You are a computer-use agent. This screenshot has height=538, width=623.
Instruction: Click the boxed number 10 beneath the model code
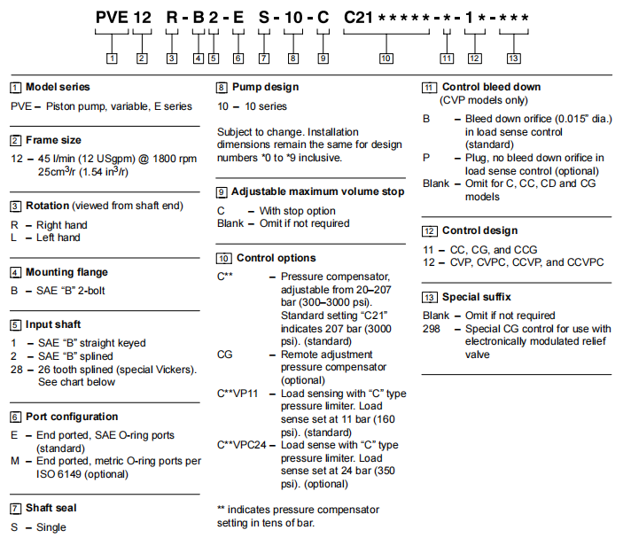coord(385,58)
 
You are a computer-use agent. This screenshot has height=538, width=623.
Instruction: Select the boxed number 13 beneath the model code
coord(514,58)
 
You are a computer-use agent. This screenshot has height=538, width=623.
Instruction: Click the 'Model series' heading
coord(58,88)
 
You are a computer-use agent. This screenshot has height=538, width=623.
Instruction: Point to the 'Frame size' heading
coord(53,140)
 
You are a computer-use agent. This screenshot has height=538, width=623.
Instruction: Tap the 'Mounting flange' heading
coord(66,272)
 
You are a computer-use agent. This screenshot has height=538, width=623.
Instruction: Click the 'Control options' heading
coord(274,258)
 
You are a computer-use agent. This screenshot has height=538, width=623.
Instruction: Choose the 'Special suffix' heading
coord(478,297)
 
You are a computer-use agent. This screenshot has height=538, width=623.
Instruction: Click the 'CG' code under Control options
coord(225,354)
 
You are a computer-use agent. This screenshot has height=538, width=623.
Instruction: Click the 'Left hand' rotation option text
coord(58,238)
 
